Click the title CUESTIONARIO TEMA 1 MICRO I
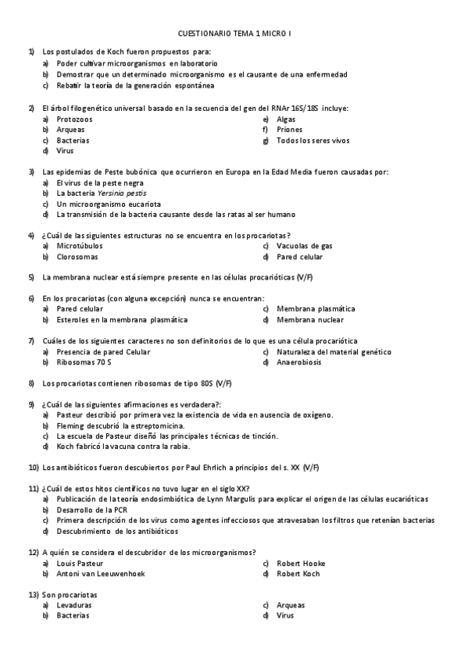[x=234, y=34]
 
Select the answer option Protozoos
[x=74, y=119]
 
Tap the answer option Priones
[x=289, y=130]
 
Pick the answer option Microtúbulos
[x=79, y=246]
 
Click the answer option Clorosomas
[x=77, y=257]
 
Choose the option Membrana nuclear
[x=309, y=320]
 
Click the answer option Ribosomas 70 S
[x=84, y=362]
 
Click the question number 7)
[x=32, y=341]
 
